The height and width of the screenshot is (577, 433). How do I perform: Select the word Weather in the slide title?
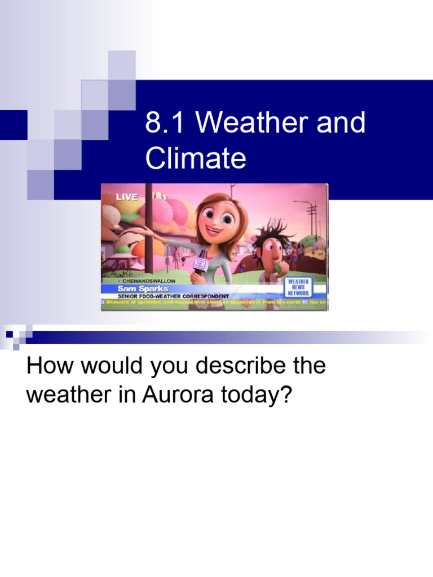pos(251,123)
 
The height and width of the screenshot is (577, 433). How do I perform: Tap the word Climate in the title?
pos(196,158)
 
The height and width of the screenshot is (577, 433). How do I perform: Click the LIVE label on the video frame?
pos(127,197)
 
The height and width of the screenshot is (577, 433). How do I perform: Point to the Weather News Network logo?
pos(298,286)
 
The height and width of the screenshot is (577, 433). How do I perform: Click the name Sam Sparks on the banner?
pos(142,288)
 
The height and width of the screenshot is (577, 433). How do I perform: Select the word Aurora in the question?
pos(171,395)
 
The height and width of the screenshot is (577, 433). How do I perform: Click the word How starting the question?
pos(47,366)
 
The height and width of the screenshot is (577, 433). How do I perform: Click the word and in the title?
pos(341,123)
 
